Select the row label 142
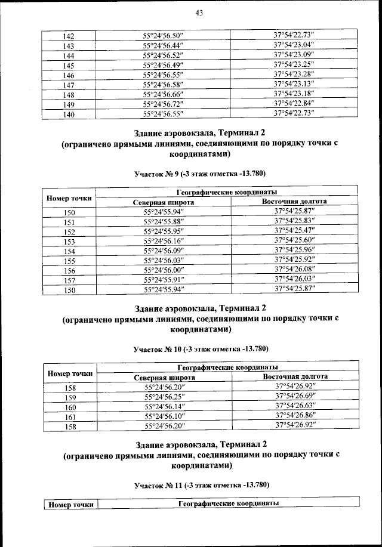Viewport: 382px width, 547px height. pyautogui.click(x=69, y=36)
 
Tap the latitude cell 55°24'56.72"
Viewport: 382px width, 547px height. pyautogui.click(x=162, y=103)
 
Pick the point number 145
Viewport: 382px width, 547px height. pyautogui.click(x=69, y=66)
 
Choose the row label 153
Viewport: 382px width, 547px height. pyautogui.click(x=69, y=242)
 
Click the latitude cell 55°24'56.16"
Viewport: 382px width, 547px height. pyautogui.click(x=163, y=241)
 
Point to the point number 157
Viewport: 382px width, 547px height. pyautogui.click(x=69, y=280)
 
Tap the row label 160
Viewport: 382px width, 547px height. pyautogui.click(x=70, y=407)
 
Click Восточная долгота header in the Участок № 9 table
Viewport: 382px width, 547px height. pyautogui.click(x=294, y=202)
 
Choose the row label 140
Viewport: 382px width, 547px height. pyautogui.click(x=69, y=114)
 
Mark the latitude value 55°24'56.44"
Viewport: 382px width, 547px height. pyautogui.click(x=162, y=45)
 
